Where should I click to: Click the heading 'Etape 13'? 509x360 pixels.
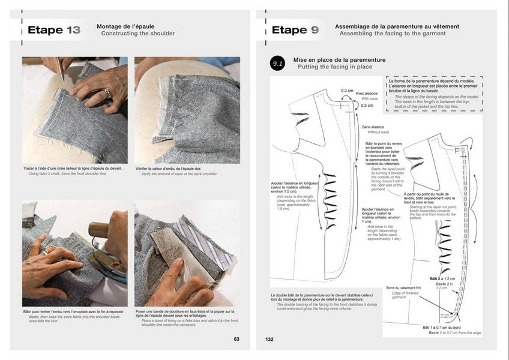pyautogui.click(x=54, y=30)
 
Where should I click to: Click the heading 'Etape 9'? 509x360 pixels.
pyautogui.click(x=295, y=30)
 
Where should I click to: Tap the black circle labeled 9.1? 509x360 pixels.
pyautogui.click(x=277, y=64)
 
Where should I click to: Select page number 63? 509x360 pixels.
pyautogui.click(x=236, y=339)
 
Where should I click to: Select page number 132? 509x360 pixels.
pyautogui.click(x=270, y=339)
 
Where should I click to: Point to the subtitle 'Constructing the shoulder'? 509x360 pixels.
pyautogui.click(x=138, y=34)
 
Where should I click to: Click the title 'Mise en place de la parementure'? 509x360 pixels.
pyautogui.click(x=339, y=60)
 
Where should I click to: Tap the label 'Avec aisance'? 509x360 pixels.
pyautogui.click(x=367, y=94)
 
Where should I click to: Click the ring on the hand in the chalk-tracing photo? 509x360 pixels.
pyautogui.click(x=108, y=92)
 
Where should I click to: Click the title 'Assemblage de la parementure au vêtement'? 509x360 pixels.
pyautogui.click(x=397, y=26)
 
